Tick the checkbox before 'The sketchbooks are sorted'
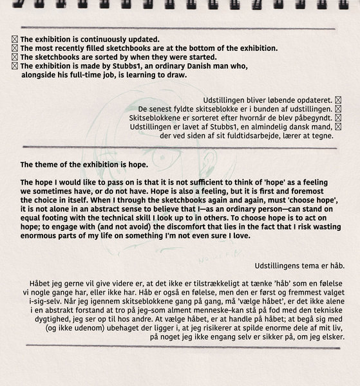pyautogui.click(x=15, y=57)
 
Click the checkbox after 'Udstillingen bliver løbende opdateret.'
pyautogui.click(x=338, y=100)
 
